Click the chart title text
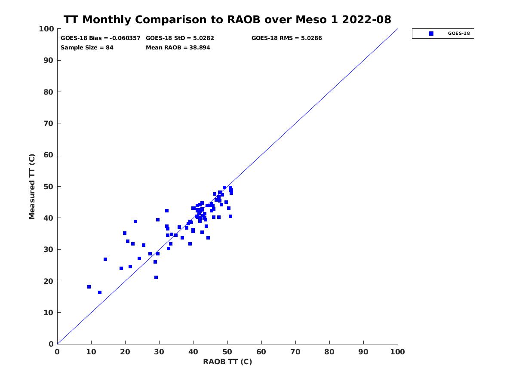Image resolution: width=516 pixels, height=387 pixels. (x=227, y=20)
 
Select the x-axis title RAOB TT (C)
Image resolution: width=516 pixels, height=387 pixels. (x=227, y=362)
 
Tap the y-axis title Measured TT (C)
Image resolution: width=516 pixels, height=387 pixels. (x=32, y=186)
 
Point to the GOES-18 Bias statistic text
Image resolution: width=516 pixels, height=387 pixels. (x=101, y=38)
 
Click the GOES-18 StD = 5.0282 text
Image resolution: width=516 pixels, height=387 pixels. (x=180, y=38)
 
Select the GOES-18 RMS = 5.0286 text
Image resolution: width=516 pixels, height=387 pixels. (x=286, y=38)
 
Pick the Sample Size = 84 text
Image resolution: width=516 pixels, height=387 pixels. (x=87, y=47)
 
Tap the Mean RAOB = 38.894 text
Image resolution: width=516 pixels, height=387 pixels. (x=178, y=47)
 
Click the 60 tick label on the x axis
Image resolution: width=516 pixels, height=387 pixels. (x=261, y=352)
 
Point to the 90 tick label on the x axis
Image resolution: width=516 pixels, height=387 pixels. (x=364, y=352)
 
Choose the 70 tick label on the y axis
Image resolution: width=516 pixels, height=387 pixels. (x=49, y=123)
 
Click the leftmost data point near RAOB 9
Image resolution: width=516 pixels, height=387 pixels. (x=89, y=287)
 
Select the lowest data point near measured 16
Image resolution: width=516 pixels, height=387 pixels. (x=100, y=292)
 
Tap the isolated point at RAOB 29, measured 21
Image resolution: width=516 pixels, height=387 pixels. (x=156, y=277)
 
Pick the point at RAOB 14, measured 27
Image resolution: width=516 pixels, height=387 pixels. (x=105, y=259)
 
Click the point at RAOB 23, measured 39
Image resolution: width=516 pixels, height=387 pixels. (x=135, y=221)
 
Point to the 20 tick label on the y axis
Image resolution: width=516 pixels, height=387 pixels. (x=49, y=281)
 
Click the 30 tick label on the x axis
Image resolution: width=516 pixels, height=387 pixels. (x=160, y=352)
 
